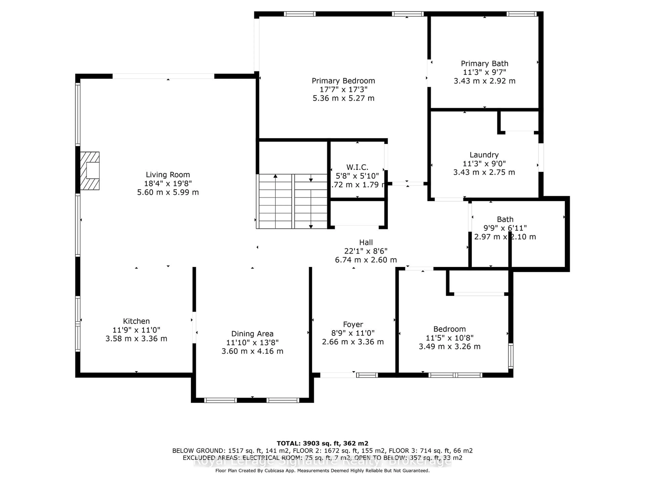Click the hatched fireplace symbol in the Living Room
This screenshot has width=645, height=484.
(x=90, y=171)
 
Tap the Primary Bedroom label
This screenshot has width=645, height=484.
(x=343, y=81)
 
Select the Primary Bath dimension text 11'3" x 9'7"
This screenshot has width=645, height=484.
(x=484, y=72)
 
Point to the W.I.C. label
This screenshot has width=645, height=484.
(x=357, y=167)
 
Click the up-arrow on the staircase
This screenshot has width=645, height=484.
(x=275, y=176)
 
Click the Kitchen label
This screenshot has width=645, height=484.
(x=136, y=321)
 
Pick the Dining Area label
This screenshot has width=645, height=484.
(x=252, y=334)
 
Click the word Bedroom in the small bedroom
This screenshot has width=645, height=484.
(x=449, y=329)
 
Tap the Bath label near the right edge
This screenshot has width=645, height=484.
(x=505, y=219)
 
